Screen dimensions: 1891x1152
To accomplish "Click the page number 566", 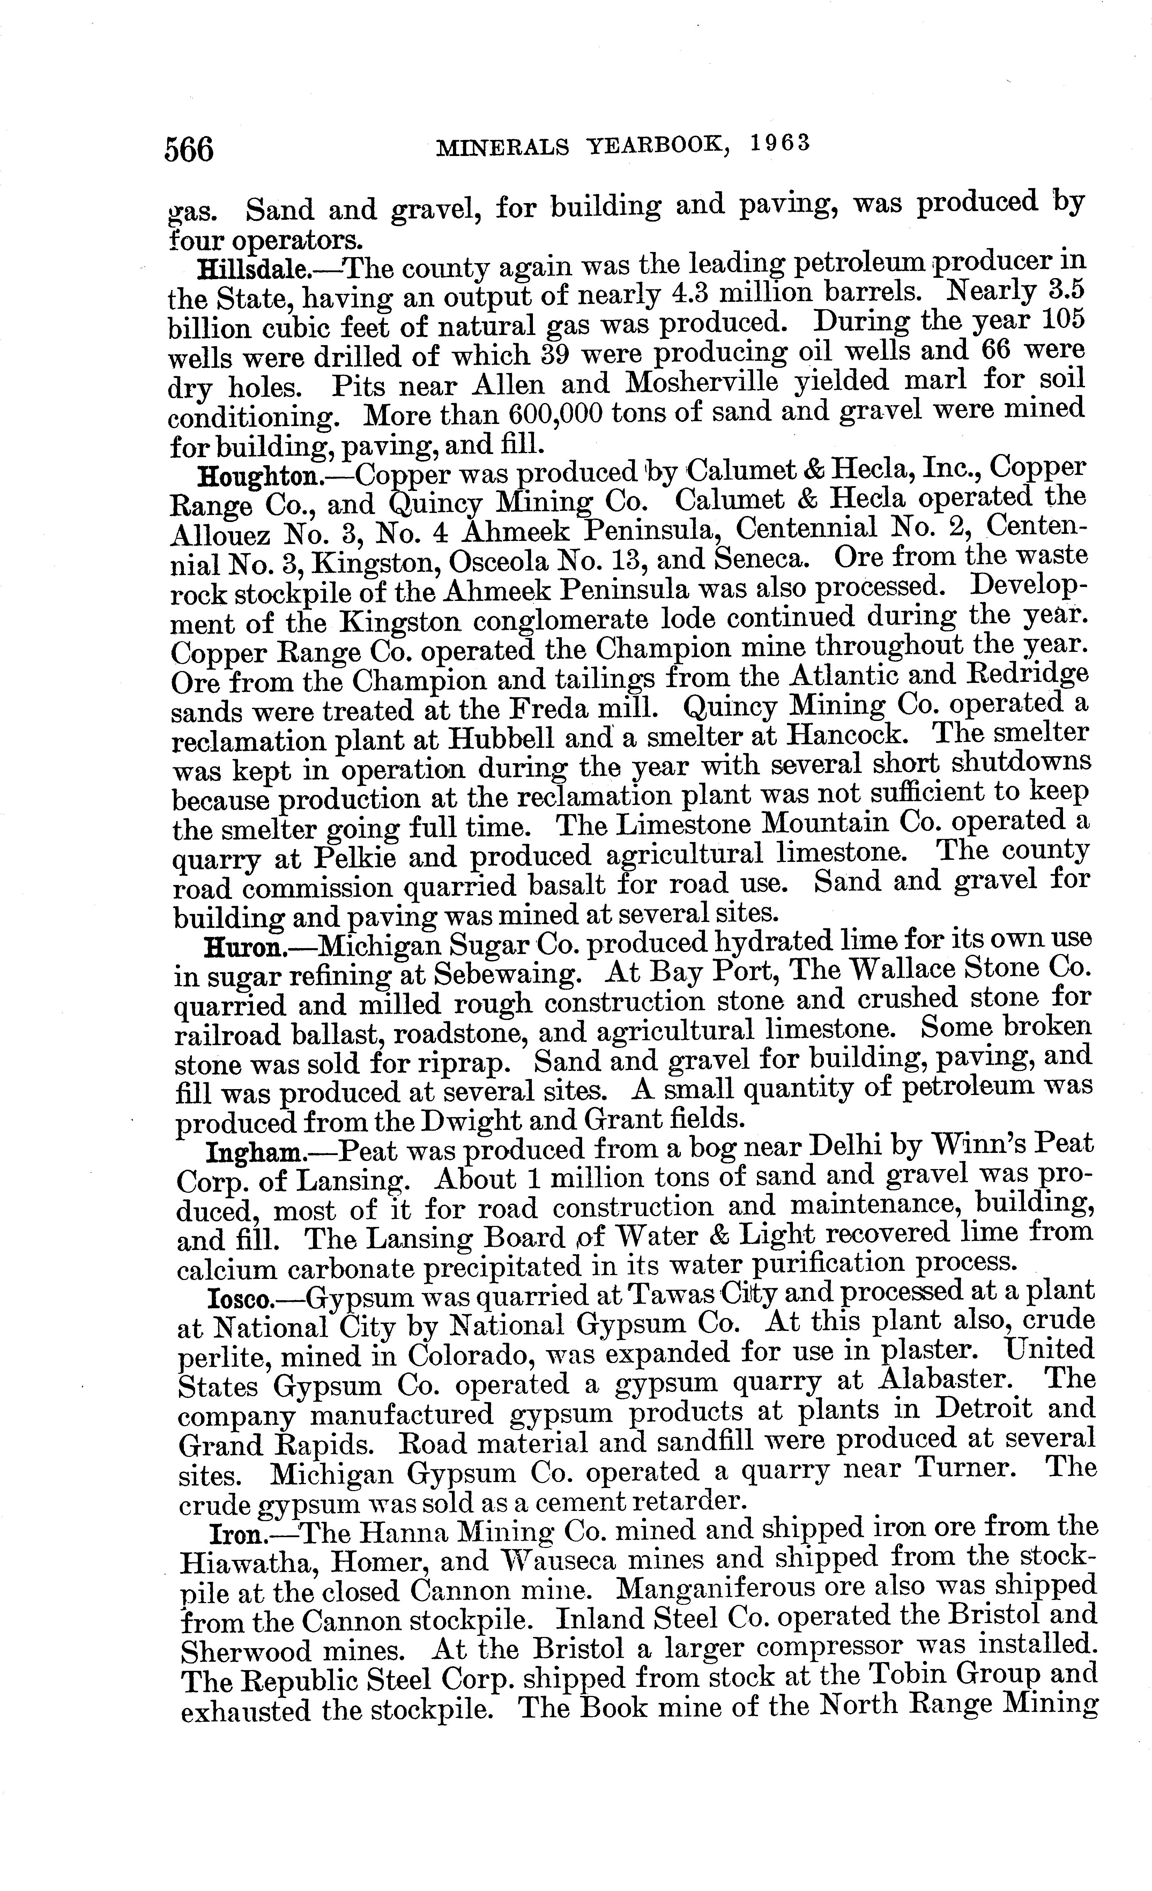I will pos(189,149).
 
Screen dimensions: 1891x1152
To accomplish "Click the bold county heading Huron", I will pos(244,948).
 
